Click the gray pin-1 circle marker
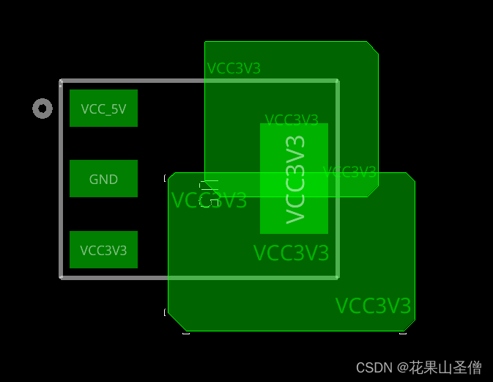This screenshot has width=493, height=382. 42,109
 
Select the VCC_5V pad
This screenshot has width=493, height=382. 103,109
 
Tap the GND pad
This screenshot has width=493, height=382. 103,179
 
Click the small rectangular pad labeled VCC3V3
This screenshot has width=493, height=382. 103,250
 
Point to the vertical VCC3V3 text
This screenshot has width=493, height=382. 295,179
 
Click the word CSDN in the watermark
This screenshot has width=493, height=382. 374,367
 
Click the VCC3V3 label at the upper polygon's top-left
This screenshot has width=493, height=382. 234,69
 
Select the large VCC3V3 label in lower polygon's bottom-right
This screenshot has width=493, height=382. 373,306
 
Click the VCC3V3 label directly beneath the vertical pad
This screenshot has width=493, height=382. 291,253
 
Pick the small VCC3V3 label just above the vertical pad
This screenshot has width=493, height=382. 291,120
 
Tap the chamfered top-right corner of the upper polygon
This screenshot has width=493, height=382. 372,48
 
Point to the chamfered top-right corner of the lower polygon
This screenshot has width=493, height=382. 410,178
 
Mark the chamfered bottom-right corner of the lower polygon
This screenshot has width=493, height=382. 409,325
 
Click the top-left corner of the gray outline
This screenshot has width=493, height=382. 61,81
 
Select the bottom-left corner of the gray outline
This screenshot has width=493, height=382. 61,277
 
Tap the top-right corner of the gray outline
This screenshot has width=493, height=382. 338,81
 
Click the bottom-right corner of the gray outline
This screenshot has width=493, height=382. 338,277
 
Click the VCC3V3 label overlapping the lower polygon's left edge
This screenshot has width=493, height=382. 209,200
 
